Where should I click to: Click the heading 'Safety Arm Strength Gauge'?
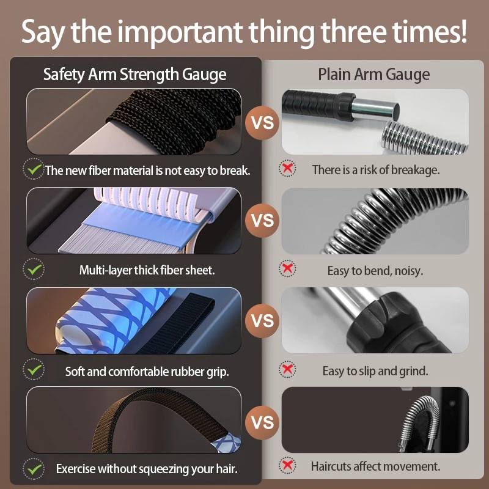pyautogui.click(x=134, y=75)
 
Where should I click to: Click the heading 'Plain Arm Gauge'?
pyautogui.click(x=373, y=75)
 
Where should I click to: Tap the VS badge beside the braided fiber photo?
pyautogui.click(x=262, y=122)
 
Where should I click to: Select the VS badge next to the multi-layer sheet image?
pyautogui.click(x=262, y=221)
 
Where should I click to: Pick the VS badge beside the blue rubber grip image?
pyautogui.click(x=262, y=320)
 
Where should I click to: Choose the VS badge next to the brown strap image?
pyautogui.click(x=262, y=422)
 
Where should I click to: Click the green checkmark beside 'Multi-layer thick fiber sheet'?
pyautogui.click(x=34, y=269)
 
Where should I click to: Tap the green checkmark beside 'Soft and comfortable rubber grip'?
pyautogui.click(x=34, y=370)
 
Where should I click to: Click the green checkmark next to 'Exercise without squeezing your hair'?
pyautogui.click(x=34, y=469)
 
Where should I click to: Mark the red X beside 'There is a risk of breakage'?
pyautogui.click(x=287, y=169)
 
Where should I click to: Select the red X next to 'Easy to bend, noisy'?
pyautogui.click(x=287, y=268)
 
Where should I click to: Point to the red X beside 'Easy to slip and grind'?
pyautogui.click(x=287, y=369)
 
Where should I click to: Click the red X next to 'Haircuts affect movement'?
pyautogui.click(x=287, y=465)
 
